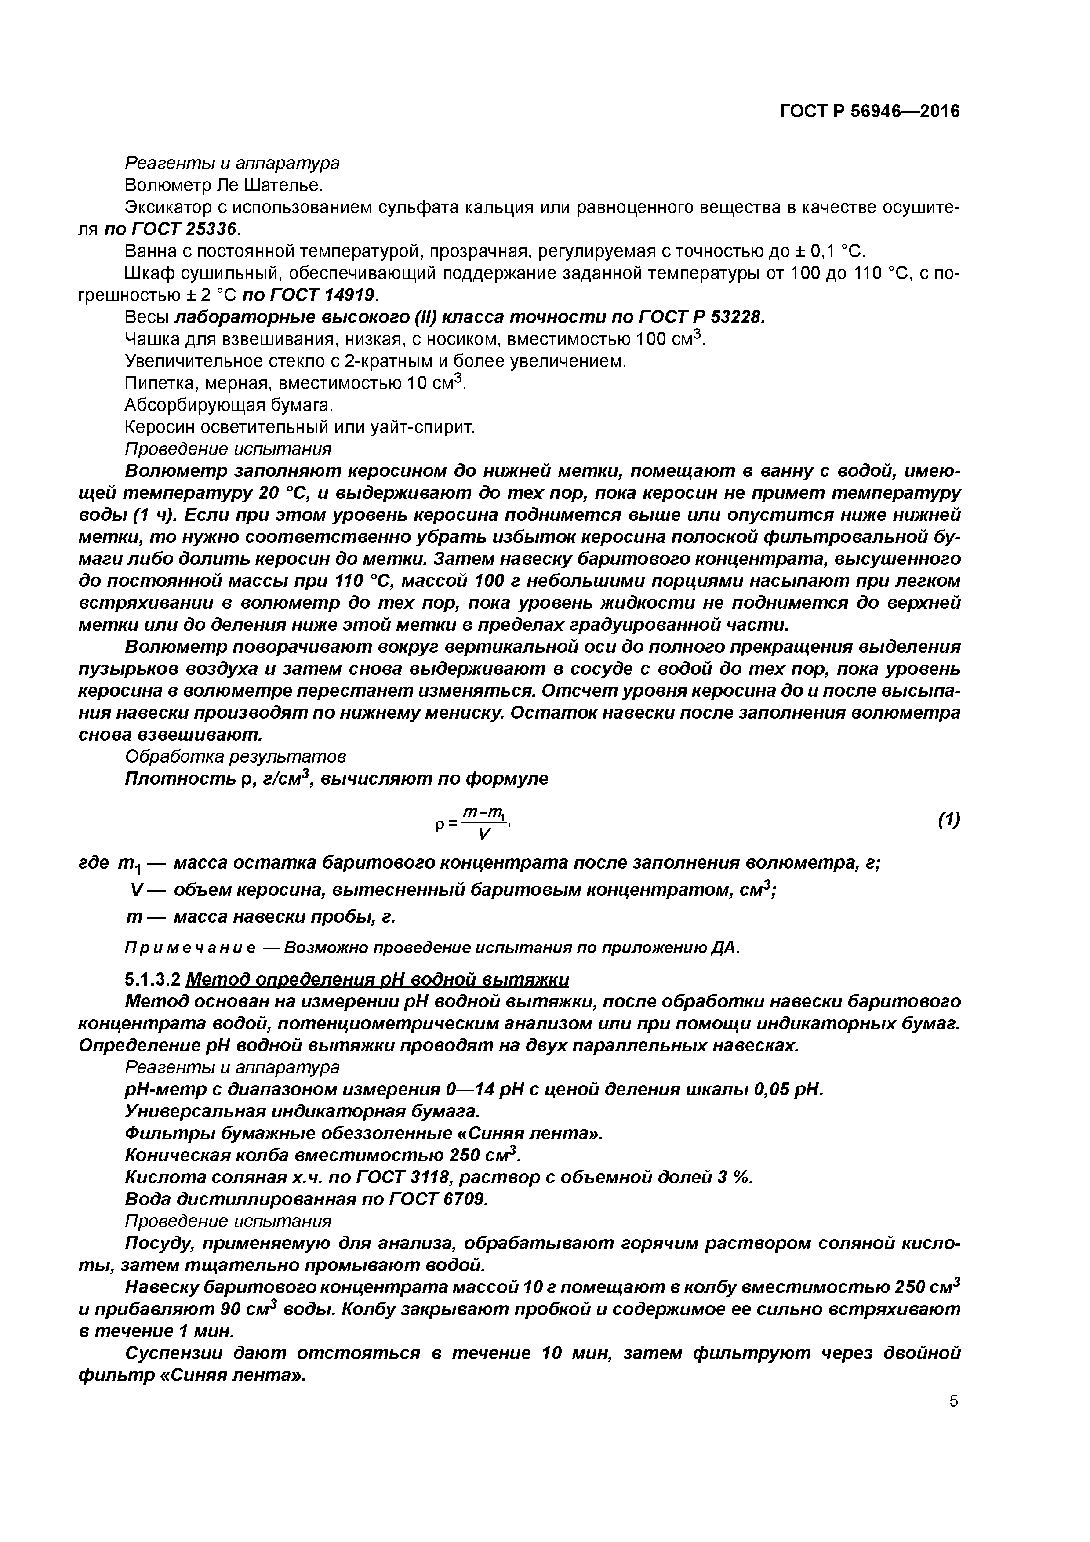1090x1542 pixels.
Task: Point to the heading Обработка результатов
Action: [236, 757]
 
